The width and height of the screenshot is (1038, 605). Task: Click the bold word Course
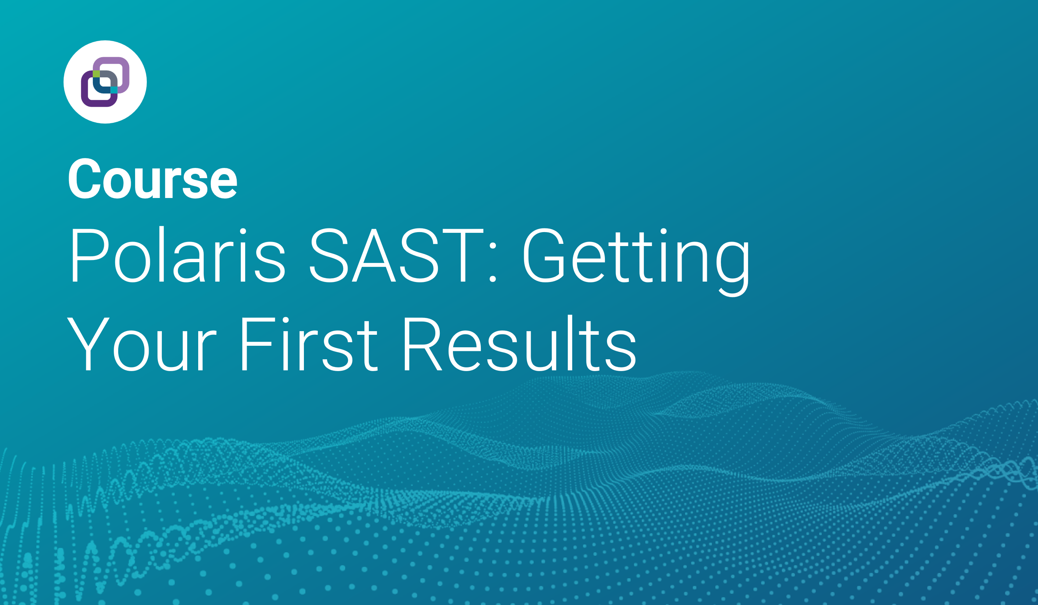pos(152,178)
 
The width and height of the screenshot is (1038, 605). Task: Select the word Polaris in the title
pos(178,255)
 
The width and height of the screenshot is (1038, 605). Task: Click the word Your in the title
pos(141,344)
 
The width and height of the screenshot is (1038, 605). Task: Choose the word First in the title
pos(309,344)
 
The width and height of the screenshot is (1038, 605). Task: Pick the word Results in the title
pos(520,343)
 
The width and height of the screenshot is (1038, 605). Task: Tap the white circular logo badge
pos(105,82)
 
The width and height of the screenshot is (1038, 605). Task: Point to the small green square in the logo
pos(96,74)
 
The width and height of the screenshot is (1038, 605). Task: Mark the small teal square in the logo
pos(114,90)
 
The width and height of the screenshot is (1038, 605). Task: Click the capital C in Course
pos(85,178)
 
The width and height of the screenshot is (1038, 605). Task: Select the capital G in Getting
pos(544,256)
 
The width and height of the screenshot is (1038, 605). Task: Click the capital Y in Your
pos(88,344)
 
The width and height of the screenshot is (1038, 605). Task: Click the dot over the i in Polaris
pos(243,231)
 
